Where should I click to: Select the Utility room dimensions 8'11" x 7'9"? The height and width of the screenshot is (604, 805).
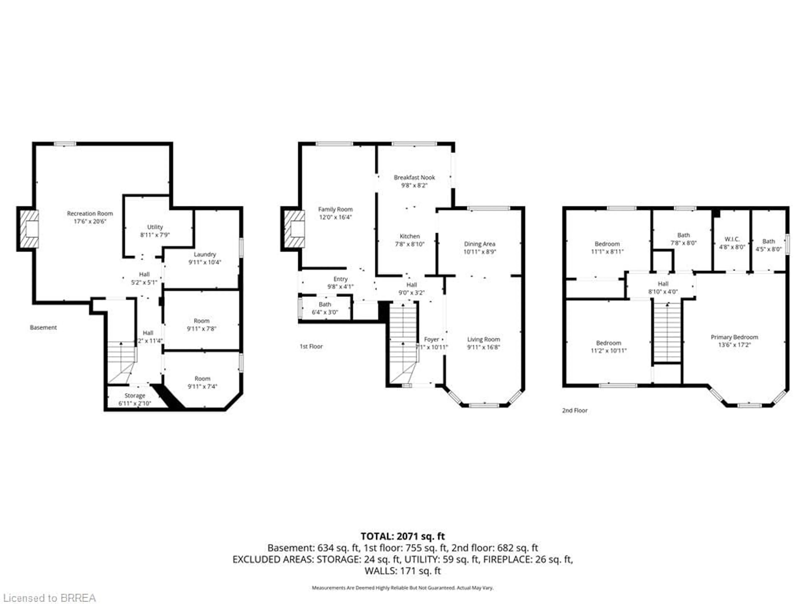155,235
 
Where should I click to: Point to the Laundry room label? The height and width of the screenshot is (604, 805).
205,254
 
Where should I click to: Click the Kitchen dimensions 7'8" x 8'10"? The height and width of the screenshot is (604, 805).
410,244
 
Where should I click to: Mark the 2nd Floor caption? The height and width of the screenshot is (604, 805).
575,410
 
